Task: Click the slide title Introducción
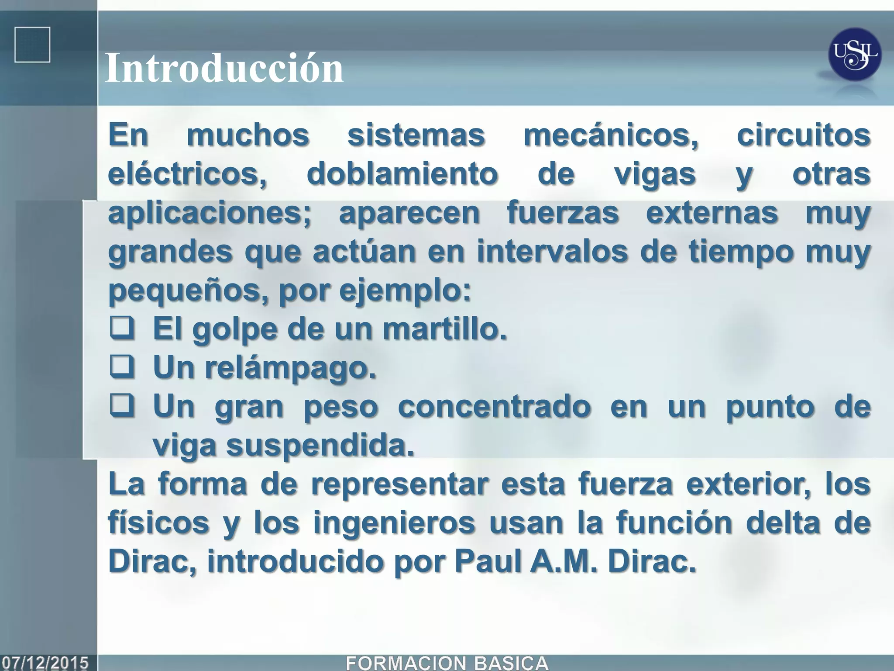click(224, 69)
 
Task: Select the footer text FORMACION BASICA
click(447, 663)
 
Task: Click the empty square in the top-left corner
click(32, 45)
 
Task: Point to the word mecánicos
click(611, 135)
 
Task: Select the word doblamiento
click(402, 174)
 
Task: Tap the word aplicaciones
click(210, 213)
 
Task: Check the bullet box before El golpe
click(122, 329)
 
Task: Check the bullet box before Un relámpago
click(122, 368)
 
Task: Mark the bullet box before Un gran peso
click(122, 407)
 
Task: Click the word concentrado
click(494, 407)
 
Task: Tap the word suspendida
click(320, 446)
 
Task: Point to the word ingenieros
click(394, 523)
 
